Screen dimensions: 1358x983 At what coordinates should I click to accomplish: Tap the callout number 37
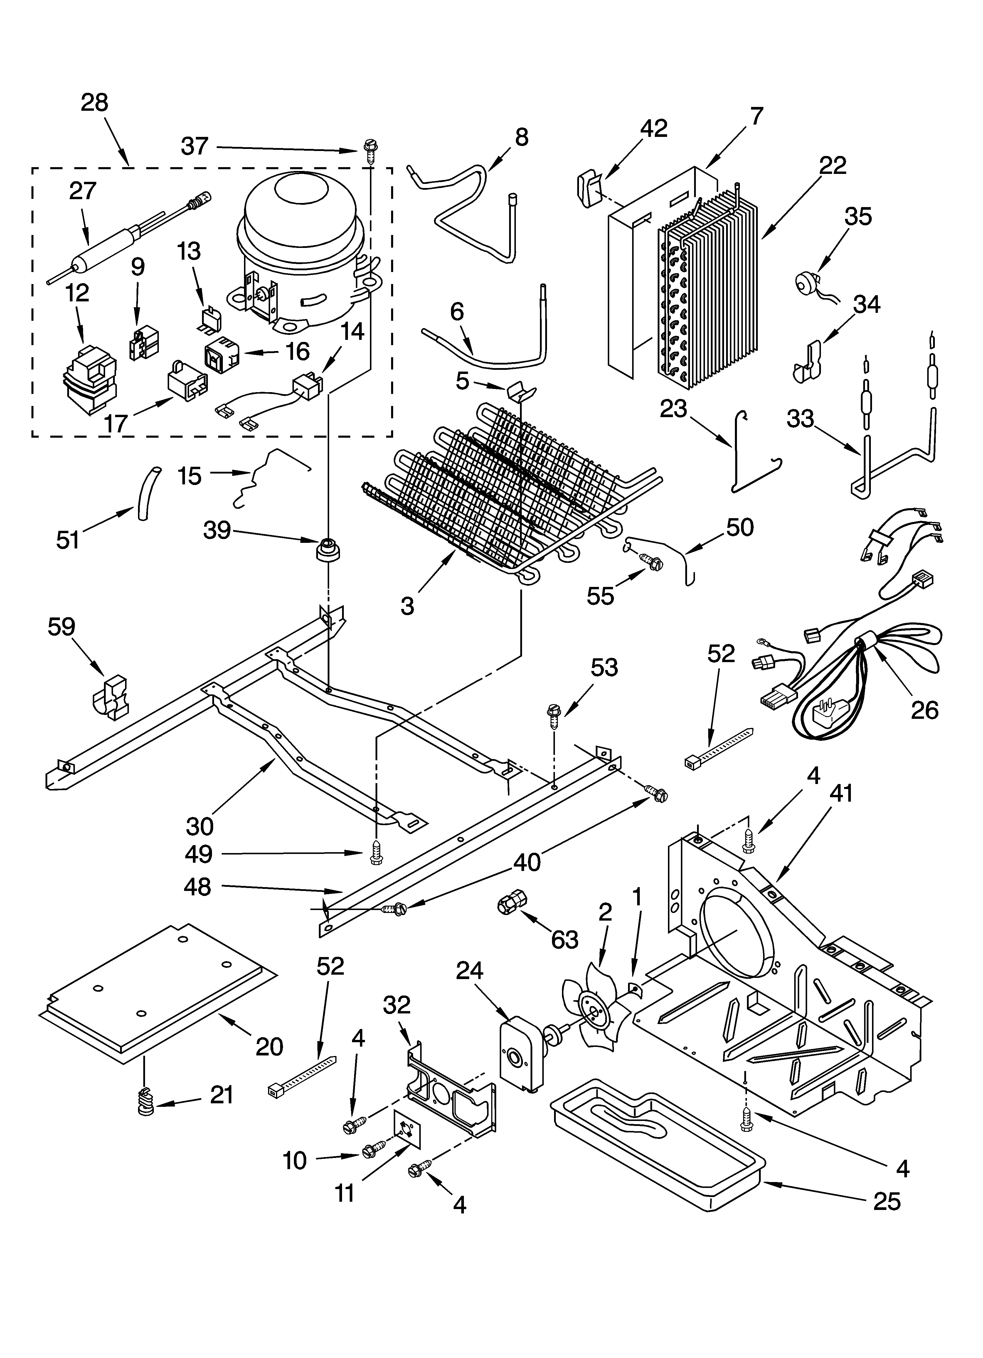[x=195, y=146]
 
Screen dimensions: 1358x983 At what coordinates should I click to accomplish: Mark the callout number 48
[x=198, y=887]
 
